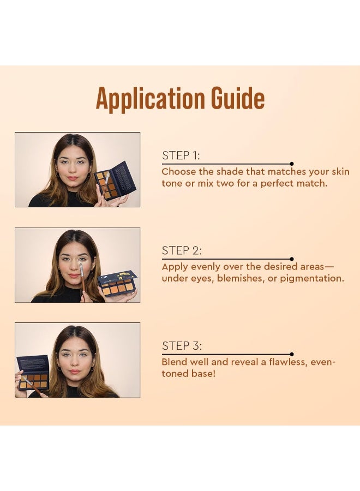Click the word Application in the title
[145, 99]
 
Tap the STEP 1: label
[181, 155]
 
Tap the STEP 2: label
[182, 251]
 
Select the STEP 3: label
[182, 346]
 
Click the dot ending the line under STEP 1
[292, 164]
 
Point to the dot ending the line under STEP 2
[292, 259]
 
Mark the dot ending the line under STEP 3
[292, 354]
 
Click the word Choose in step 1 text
[178, 172]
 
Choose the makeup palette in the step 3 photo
[33, 374]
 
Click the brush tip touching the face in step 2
[81, 267]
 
